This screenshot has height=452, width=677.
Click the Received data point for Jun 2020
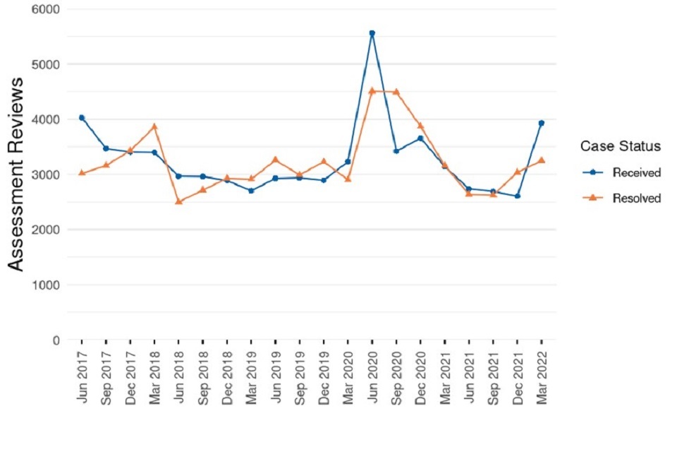point(372,33)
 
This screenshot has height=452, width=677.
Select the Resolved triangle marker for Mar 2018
point(154,126)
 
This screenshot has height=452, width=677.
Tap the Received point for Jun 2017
point(82,118)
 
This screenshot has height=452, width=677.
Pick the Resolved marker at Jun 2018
point(179,201)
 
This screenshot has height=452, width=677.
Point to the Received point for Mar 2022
point(542,123)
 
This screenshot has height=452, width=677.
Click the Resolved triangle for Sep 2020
point(396,92)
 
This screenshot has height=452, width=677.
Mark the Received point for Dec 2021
point(518,196)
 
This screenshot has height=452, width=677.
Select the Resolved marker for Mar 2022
point(542,160)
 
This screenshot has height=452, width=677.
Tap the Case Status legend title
point(620,146)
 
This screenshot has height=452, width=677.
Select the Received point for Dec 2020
point(420,138)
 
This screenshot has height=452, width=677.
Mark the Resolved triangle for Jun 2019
point(276,160)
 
